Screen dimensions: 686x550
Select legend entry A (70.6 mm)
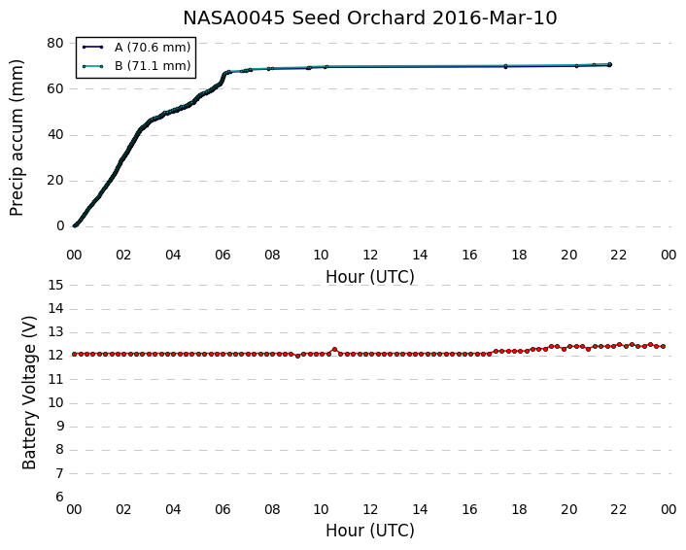153,47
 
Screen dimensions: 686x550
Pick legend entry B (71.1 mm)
153,66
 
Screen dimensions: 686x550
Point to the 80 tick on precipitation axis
55,43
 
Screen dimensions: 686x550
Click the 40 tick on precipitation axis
55,134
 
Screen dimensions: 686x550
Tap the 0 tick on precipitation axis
59,225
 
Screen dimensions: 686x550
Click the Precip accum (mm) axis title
17,138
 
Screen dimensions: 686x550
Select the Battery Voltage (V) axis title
29,393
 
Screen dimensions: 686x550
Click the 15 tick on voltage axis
55,286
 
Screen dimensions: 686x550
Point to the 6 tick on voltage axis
59,497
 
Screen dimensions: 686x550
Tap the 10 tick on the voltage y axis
55,402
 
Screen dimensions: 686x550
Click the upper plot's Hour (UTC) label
369,277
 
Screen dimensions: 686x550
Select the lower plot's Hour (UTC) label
369,531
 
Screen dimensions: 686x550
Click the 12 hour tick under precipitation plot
370,255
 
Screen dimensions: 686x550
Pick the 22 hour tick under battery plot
618,509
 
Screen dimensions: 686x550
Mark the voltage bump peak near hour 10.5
334,349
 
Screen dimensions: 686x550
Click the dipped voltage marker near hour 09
297,357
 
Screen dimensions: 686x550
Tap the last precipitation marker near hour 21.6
609,64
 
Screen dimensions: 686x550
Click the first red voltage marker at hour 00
75,354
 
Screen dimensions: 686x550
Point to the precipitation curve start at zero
75,225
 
